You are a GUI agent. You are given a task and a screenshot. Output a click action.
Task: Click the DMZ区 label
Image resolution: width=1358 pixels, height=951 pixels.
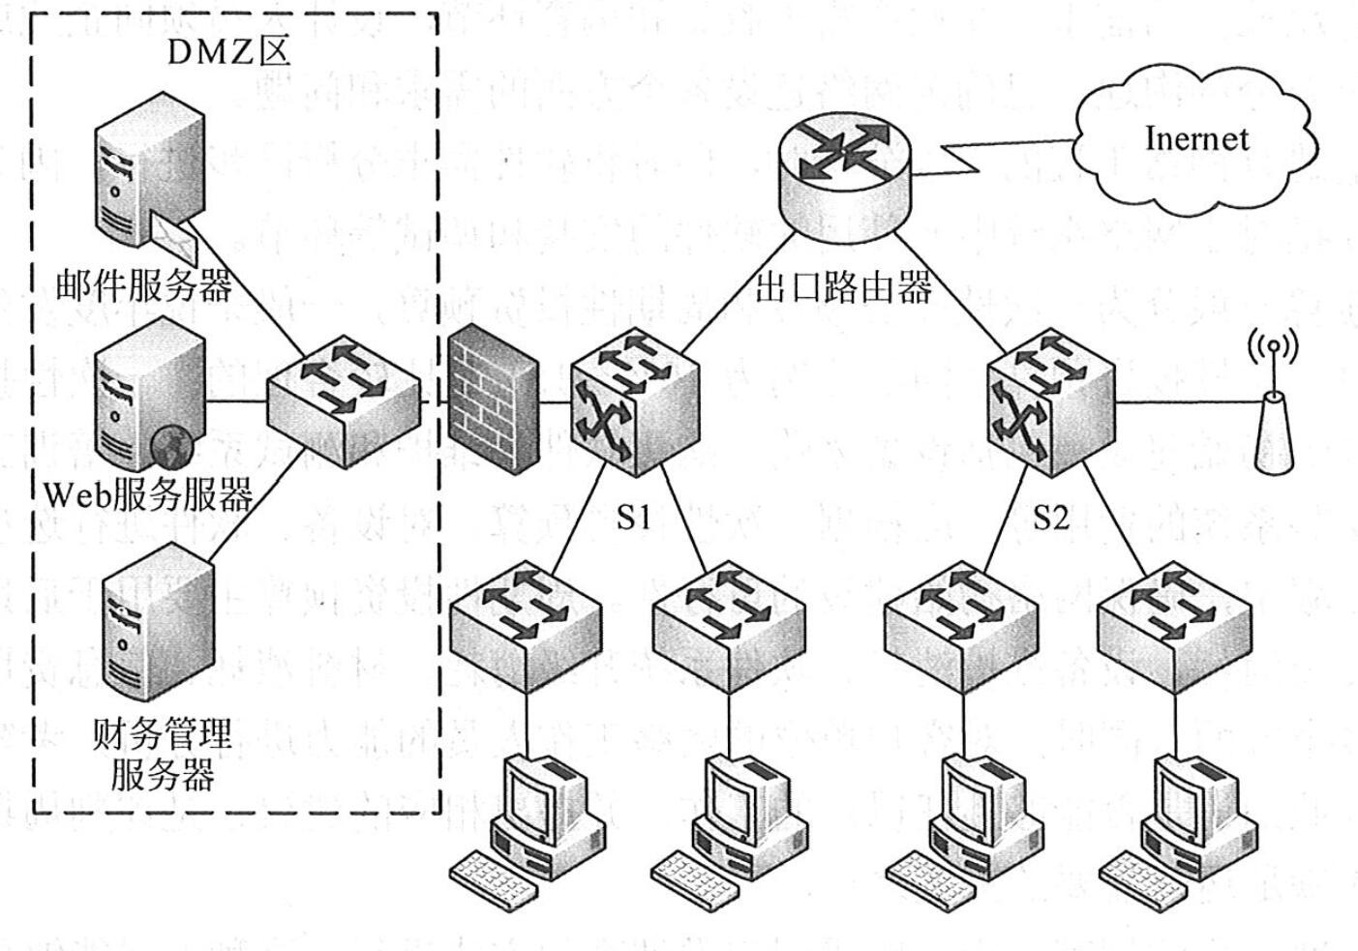[x=228, y=50]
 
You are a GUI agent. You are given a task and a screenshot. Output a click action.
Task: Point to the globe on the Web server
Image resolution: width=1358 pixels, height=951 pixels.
[x=171, y=446]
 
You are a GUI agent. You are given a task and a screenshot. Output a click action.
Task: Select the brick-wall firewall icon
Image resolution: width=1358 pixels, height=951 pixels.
[x=495, y=396]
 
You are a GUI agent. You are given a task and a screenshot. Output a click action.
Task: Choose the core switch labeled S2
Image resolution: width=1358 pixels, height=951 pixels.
[x=1050, y=401]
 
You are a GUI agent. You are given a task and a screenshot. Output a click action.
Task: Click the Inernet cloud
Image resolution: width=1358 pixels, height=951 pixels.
[x=1196, y=140]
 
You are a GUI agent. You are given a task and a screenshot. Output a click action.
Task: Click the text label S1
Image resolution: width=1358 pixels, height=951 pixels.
[x=634, y=519]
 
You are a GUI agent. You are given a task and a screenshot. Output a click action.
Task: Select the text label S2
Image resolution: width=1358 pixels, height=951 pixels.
[x=1051, y=519]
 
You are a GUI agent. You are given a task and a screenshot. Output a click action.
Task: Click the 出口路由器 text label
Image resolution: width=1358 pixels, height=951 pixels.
[x=843, y=287]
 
